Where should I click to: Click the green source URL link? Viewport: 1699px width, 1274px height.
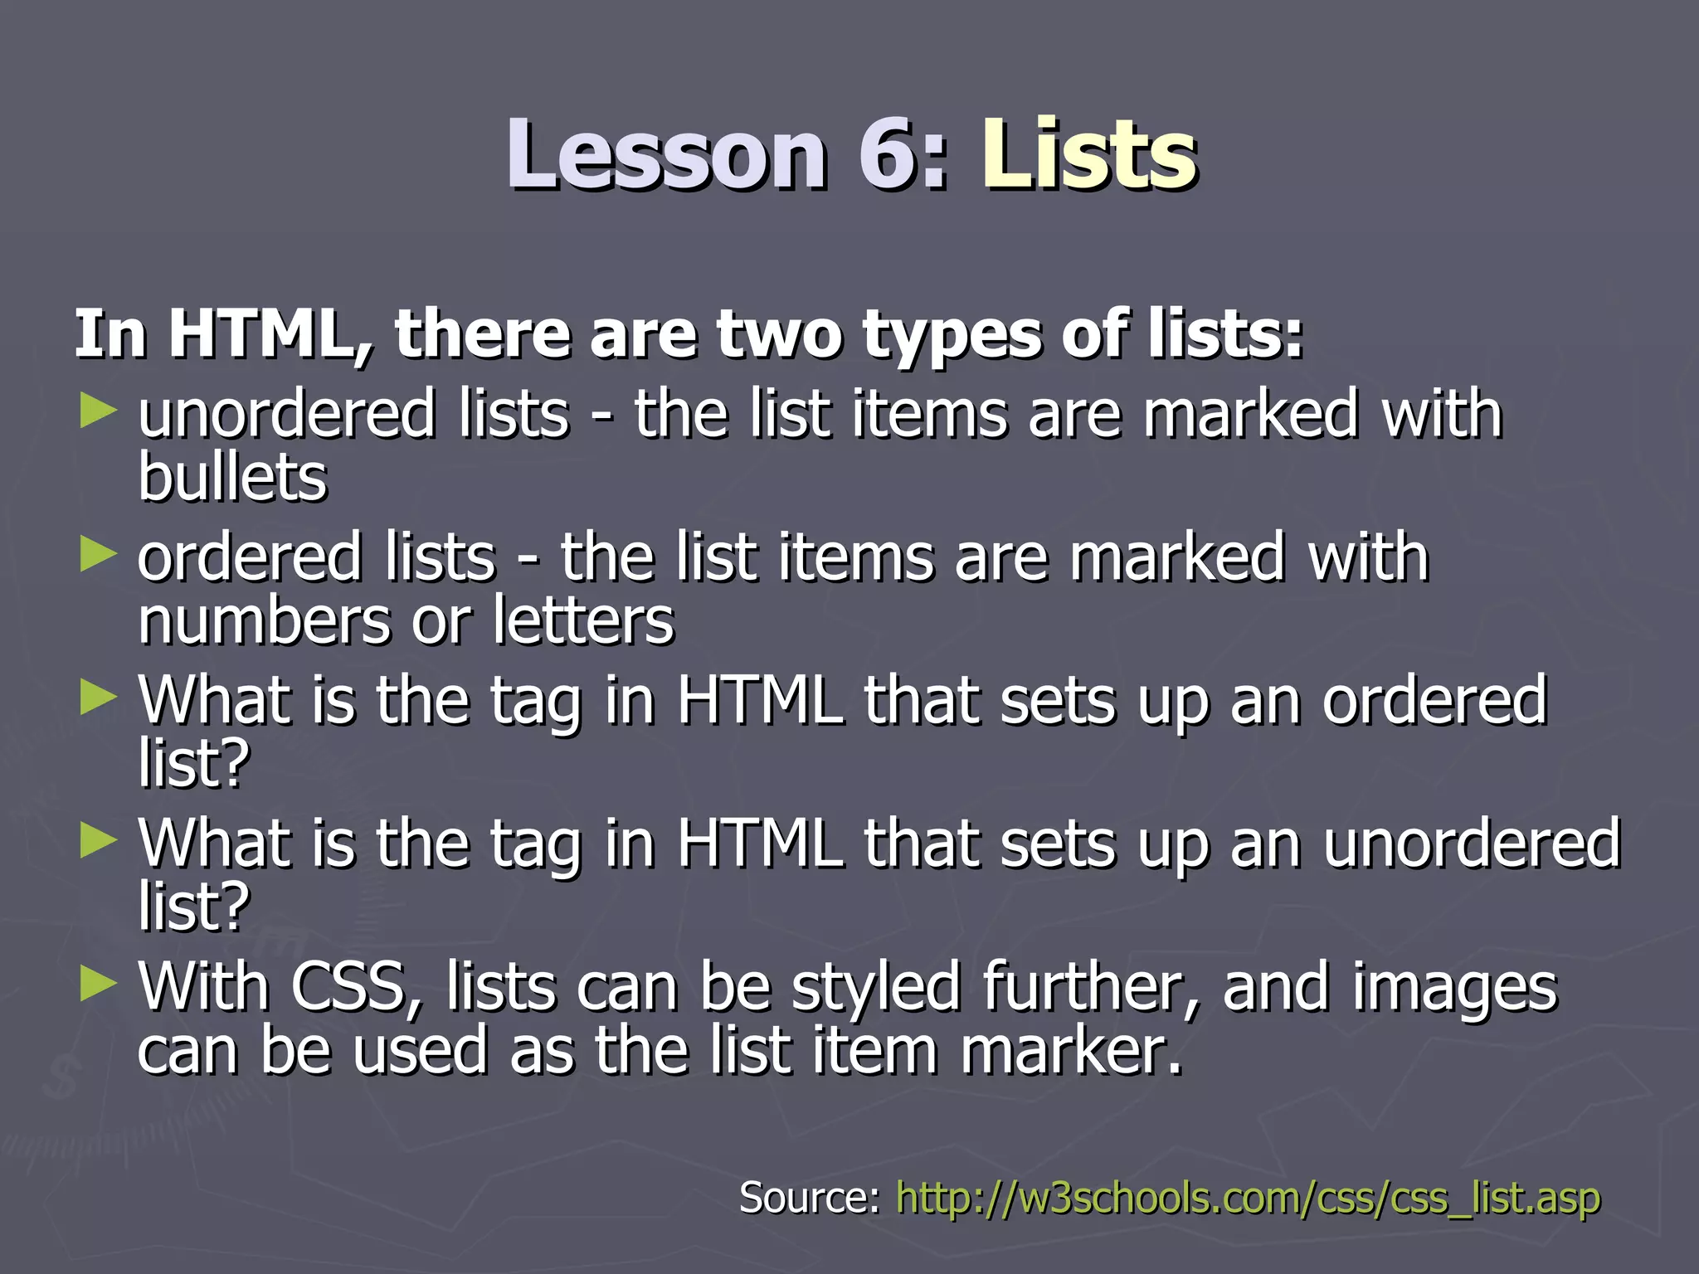coord(1248,1199)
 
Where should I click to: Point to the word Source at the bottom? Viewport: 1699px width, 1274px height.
coord(809,1199)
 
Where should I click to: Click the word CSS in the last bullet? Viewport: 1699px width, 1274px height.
coord(357,987)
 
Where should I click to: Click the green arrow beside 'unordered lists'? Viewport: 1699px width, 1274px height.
coord(99,411)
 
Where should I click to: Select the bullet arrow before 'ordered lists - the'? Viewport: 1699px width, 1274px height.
coord(99,555)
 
